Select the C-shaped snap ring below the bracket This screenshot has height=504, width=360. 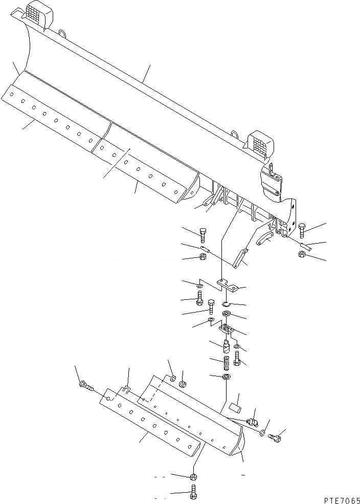(x=227, y=303)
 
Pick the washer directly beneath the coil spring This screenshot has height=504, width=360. (x=227, y=378)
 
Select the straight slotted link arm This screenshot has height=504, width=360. (x=239, y=257)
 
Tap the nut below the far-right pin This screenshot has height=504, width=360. (x=302, y=254)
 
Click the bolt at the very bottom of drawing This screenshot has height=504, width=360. (x=193, y=495)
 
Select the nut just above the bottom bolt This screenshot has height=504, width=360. (x=193, y=477)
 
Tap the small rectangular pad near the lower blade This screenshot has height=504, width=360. (x=235, y=407)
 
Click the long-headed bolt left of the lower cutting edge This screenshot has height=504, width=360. (x=85, y=386)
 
